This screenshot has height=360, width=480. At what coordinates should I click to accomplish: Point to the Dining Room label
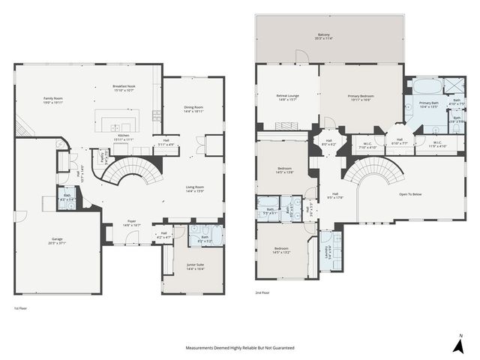[x=193, y=109]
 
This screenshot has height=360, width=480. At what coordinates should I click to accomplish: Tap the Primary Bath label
[x=429, y=104]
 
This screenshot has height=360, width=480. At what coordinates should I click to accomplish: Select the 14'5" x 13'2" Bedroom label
[x=281, y=250]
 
